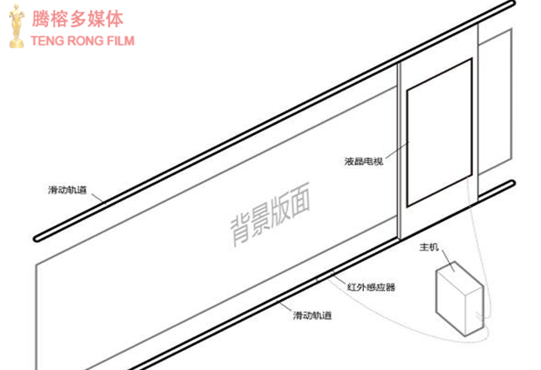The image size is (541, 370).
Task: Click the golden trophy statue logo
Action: (17, 26)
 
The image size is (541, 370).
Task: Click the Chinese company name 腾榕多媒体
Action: (78, 19)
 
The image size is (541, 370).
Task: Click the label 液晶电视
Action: (364, 161)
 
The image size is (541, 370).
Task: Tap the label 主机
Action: (429, 247)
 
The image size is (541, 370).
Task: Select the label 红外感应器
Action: (371, 287)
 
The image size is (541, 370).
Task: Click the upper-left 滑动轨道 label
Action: (67, 190)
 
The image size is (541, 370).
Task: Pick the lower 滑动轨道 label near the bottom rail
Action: (312, 315)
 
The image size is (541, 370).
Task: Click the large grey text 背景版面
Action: (270, 214)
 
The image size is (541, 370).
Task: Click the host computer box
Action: (460, 298)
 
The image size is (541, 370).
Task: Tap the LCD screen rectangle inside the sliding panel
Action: (439, 133)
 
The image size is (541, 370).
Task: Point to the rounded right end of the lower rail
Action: (512, 183)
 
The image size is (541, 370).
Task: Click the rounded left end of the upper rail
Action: (36, 238)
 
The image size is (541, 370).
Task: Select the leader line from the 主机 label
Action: (448, 261)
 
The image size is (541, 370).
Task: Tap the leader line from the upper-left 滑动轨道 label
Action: (98, 198)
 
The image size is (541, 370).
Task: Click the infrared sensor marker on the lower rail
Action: (325, 275)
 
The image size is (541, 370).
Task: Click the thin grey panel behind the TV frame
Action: (494, 101)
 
